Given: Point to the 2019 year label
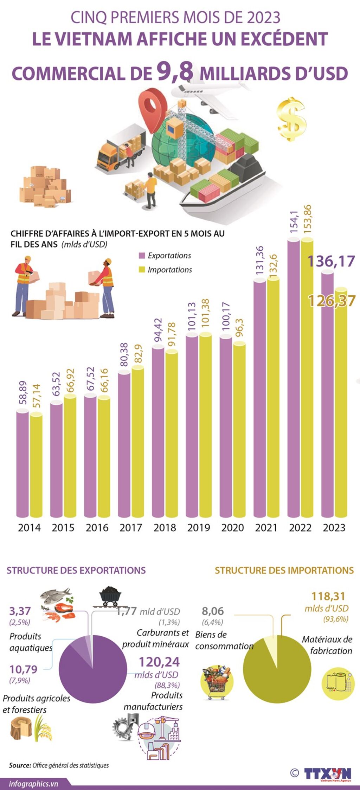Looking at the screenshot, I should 199,528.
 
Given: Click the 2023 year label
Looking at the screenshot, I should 334,528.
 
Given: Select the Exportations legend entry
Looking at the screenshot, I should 165,256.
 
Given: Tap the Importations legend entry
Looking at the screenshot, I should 165,270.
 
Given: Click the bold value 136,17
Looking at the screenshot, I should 331,261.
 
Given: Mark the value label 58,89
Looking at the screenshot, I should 23,393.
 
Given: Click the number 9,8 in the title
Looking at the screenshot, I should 175,71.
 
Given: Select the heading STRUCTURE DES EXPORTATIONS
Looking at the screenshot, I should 76,570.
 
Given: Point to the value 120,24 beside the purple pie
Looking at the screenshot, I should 159,662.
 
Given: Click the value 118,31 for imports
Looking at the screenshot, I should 328,596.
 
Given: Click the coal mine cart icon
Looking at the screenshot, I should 110,596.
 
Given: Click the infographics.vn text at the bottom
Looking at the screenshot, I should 33,784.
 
